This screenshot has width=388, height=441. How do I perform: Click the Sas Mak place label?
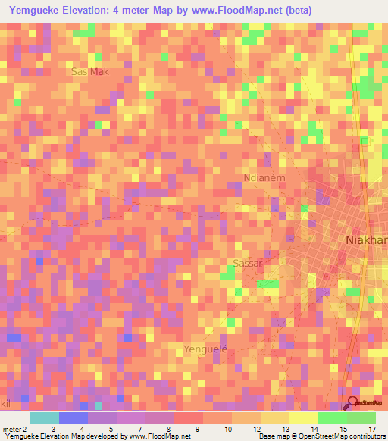[89, 72]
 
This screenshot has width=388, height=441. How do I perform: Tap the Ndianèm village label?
[264, 178]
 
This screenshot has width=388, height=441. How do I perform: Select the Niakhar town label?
[365, 240]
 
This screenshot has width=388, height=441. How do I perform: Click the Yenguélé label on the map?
[205, 349]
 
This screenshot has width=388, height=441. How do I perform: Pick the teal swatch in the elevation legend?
[45, 418]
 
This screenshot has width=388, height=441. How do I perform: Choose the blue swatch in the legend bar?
[74, 418]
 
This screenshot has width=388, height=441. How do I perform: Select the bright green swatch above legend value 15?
[332, 418]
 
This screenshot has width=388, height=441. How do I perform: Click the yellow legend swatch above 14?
[303, 418]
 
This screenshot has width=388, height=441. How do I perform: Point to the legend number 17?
[371, 429]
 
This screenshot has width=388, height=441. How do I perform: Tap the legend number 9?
[198, 429]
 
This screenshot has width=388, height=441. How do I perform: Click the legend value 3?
[53, 429]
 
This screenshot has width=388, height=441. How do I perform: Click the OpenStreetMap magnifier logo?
[353, 403]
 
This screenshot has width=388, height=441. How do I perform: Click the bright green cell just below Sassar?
[267, 284]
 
